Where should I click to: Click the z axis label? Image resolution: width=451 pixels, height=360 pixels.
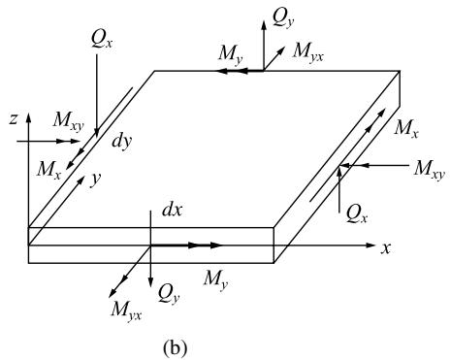point(14,119)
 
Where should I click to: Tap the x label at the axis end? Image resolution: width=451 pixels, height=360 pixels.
point(385,248)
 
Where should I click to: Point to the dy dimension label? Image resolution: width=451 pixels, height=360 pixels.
point(122,142)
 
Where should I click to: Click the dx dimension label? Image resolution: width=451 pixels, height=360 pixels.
point(172,210)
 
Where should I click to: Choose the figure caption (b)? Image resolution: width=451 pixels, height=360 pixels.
point(176,347)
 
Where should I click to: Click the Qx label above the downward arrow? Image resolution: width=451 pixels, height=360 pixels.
point(102,40)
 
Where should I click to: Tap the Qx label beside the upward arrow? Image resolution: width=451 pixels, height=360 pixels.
point(357,214)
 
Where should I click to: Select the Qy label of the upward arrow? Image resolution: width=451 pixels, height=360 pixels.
point(283,17)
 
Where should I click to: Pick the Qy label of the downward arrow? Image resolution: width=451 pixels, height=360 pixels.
point(169,295)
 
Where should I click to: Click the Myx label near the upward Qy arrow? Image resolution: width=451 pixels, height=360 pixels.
point(307,51)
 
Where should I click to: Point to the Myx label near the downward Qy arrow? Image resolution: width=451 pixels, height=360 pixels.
point(126,310)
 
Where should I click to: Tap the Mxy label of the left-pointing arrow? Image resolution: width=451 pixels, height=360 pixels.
point(430,170)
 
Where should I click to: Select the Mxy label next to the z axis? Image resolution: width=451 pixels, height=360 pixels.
point(69,121)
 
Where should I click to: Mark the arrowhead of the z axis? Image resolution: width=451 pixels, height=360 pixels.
point(29,117)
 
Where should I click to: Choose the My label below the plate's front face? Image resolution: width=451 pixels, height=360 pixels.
point(215,278)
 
